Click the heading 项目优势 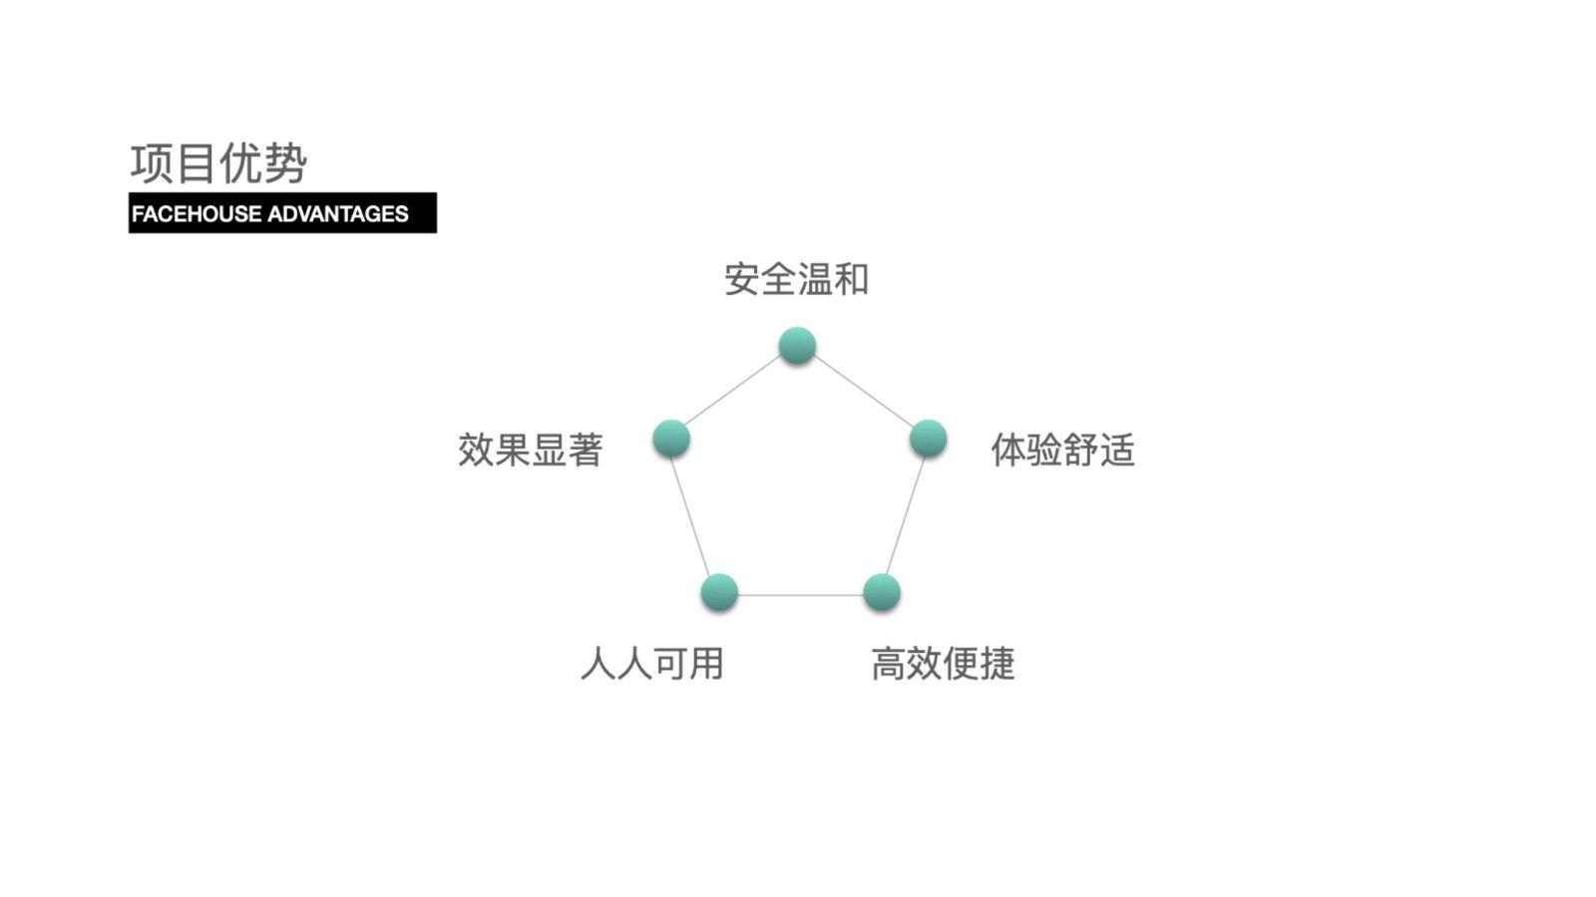[x=218, y=163]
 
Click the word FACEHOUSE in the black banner [x=197, y=213]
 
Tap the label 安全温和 [x=797, y=279]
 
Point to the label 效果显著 [x=530, y=449]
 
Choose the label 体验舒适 [x=1063, y=449]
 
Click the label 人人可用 [x=652, y=664]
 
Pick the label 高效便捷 [x=944, y=664]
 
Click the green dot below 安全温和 [x=797, y=346]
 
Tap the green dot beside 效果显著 [x=671, y=438]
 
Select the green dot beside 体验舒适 [x=929, y=438]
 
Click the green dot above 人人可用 [x=719, y=592]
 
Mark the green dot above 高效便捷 [x=882, y=592]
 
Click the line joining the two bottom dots [x=801, y=594]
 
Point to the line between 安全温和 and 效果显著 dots [x=734, y=392]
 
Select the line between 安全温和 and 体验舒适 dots [x=863, y=392]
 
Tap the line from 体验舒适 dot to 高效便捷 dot [x=906, y=516]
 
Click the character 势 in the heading [x=285, y=163]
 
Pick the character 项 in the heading [x=152, y=163]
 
